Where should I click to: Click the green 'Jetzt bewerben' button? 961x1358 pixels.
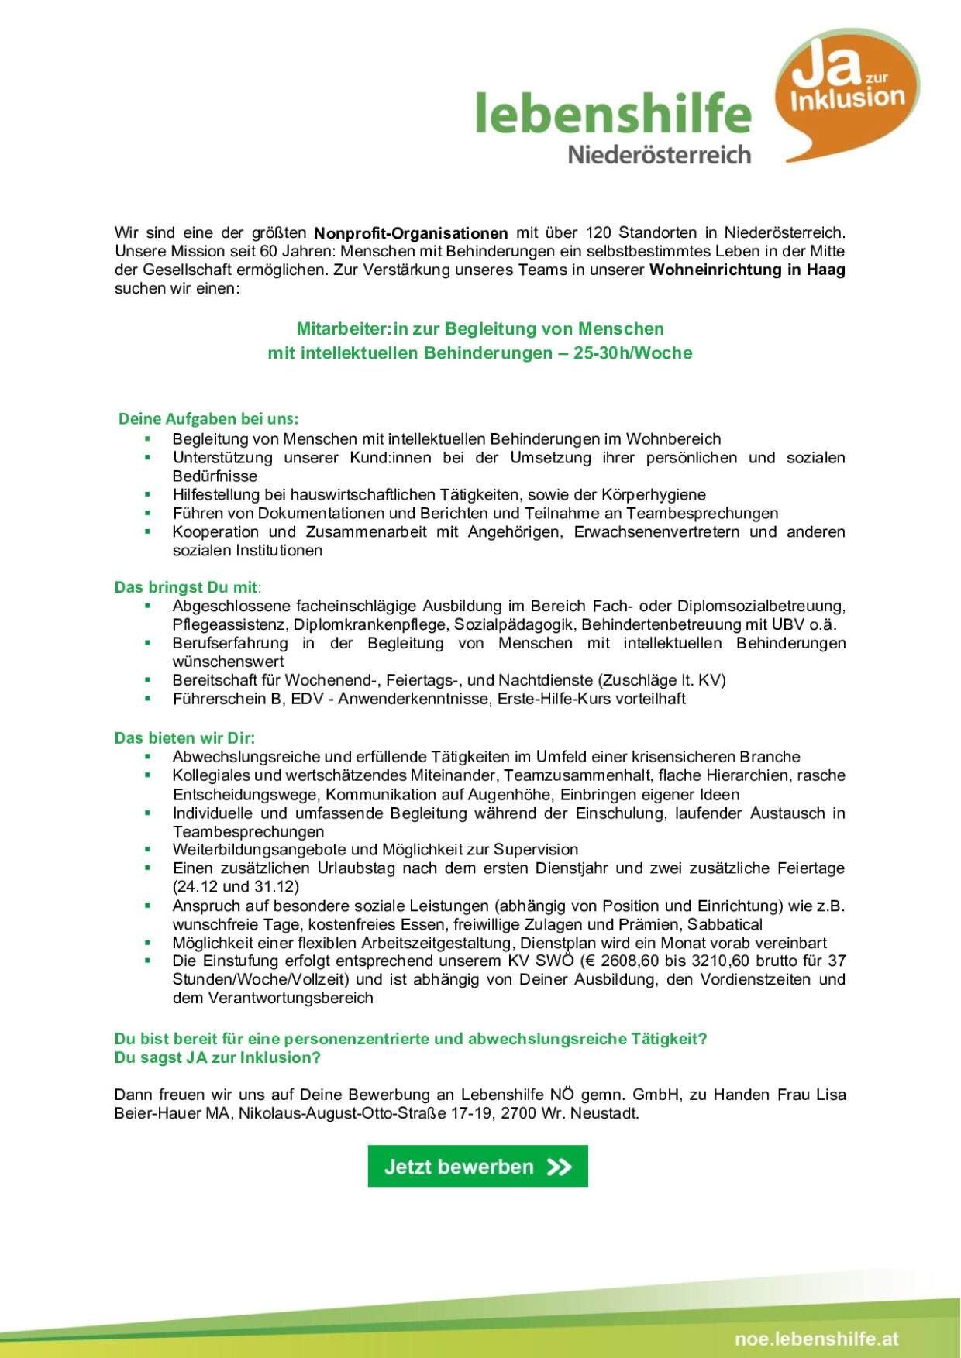(x=477, y=1166)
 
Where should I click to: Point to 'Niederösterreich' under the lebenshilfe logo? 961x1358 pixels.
(x=659, y=154)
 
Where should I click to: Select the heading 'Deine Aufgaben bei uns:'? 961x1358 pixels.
(x=208, y=419)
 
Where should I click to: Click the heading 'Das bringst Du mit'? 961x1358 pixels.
(x=187, y=587)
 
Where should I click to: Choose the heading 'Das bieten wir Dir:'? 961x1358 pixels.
(x=184, y=737)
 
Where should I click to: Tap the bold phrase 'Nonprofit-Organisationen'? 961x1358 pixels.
(x=411, y=233)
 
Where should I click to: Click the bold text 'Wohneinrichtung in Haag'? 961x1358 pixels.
(x=747, y=270)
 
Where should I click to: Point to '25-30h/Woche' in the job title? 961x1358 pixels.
(x=632, y=353)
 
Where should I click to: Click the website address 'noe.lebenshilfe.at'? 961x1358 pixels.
(x=817, y=1339)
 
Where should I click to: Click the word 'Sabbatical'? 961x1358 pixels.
(x=725, y=924)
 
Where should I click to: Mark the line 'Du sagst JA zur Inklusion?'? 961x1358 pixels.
(x=217, y=1057)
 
